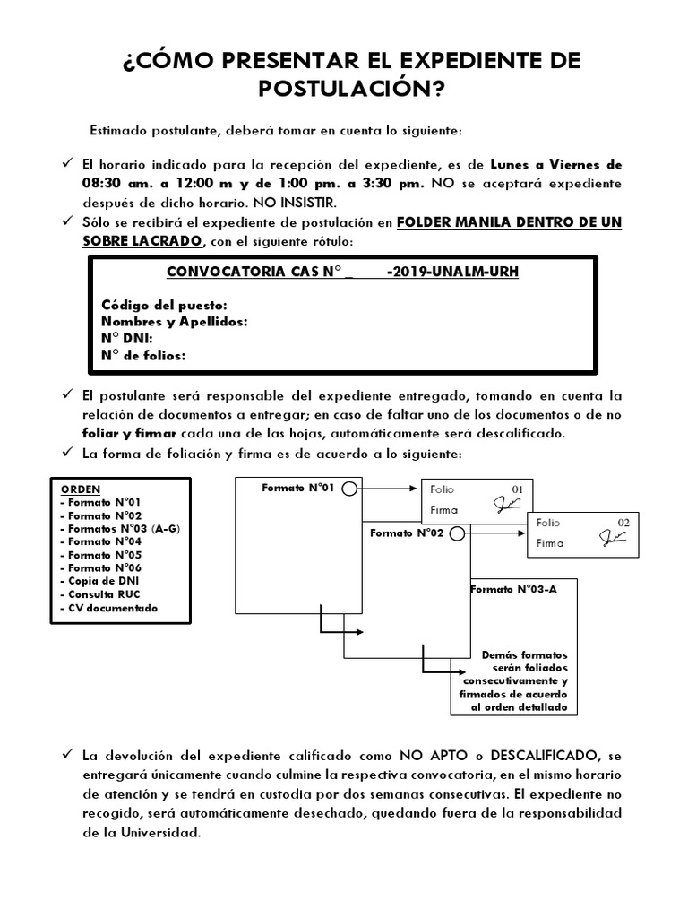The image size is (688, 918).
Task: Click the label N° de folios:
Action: tap(143, 356)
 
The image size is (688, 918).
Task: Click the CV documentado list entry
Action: tap(109, 608)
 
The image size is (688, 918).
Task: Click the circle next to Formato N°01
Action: tap(349, 489)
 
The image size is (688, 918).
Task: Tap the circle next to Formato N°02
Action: tap(457, 534)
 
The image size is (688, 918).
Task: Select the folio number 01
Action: tap(517, 489)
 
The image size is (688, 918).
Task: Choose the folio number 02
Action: tap(624, 522)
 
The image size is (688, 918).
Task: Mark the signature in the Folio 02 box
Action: tap(614, 539)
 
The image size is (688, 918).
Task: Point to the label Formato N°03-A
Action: tap(507, 590)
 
